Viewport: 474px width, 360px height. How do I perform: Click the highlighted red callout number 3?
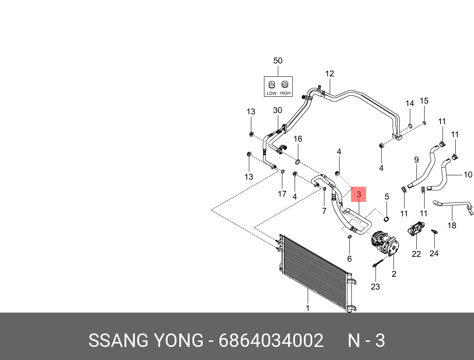pyautogui.click(x=359, y=195)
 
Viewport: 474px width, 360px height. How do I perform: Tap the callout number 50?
pyautogui.click(x=277, y=61)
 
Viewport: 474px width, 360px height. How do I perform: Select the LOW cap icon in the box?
pyautogui.click(x=272, y=85)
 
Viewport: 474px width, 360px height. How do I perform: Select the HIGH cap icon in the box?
pyautogui.click(x=285, y=85)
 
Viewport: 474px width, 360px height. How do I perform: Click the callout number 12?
pyautogui.click(x=329, y=74)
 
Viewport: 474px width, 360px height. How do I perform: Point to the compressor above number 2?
pyautogui.click(x=385, y=244)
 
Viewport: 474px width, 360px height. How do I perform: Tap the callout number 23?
pyautogui.click(x=375, y=287)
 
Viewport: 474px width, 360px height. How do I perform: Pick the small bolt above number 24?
pyautogui.click(x=435, y=232)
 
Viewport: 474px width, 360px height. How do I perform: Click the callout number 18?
pyautogui.click(x=452, y=225)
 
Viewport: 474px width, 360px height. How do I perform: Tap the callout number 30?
pyautogui.click(x=277, y=110)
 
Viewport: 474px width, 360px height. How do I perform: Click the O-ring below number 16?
pyautogui.click(x=297, y=163)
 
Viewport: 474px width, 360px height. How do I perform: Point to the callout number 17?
pyautogui.click(x=282, y=194)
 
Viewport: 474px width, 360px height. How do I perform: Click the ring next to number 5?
pyautogui.click(x=386, y=220)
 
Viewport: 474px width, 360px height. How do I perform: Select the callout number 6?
pyautogui.click(x=349, y=259)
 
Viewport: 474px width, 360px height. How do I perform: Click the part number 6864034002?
pyautogui.click(x=271, y=340)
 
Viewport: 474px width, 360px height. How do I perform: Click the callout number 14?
pyautogui.click(x=410, y=104)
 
